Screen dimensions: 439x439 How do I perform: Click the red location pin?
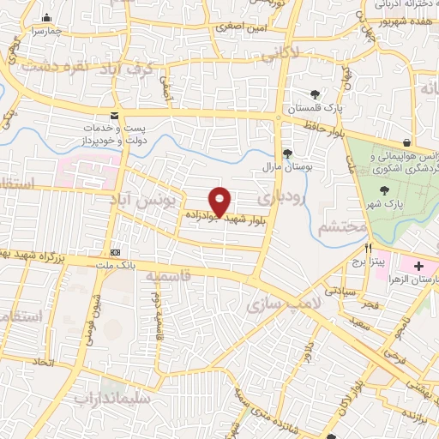(x=220, y=201)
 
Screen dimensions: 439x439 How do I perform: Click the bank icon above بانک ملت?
(x=116, y=252)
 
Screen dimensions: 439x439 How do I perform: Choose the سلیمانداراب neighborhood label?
(x=112, y=398)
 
